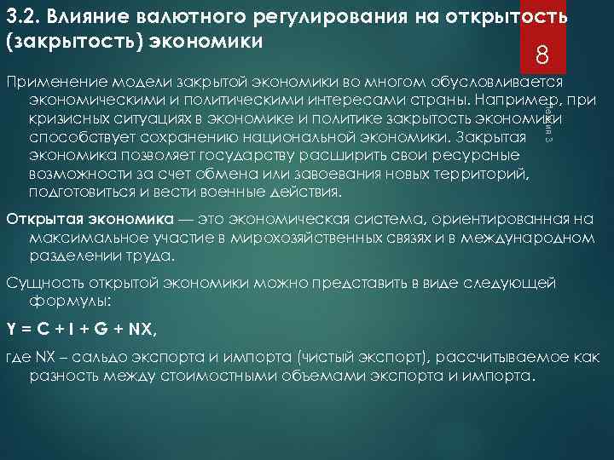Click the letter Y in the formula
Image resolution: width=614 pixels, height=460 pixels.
(x=11, y=327)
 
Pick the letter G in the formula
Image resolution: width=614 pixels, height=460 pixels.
(x=101, y=327)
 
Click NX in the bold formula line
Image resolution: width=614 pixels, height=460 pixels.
(x=142, y=327)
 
